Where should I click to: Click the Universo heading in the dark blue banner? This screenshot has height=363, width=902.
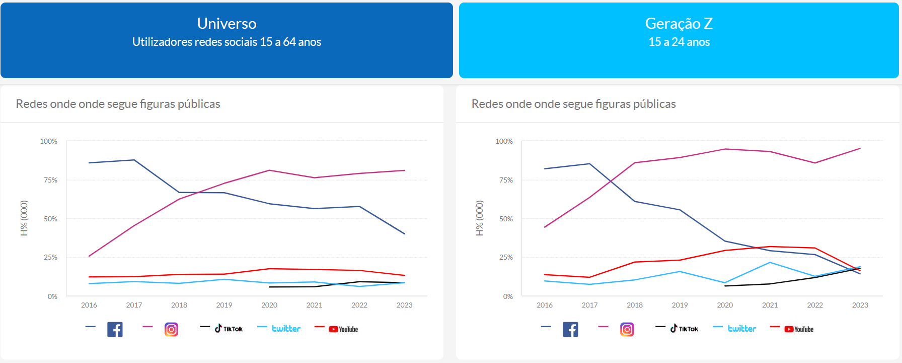coord(227,24)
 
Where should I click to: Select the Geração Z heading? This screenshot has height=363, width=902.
coord(679,24)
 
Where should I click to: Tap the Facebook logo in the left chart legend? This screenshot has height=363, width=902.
coord(115,329)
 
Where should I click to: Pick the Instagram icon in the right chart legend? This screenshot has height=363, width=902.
coord(627,329)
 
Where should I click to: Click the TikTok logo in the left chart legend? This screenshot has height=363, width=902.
coord(229,329)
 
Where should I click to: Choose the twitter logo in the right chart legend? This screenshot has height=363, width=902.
coord(741,329)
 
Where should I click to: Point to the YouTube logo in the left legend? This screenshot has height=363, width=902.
coord(343,329)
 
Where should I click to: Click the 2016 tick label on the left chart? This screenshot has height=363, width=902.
coord(89,305)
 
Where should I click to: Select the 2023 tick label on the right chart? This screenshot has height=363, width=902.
coord(860,305)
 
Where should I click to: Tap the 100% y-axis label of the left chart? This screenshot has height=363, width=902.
coord(49,141)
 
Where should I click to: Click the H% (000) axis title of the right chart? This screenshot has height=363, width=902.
coord(480,218)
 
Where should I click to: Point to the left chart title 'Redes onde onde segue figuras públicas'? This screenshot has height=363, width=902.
coord(118,104)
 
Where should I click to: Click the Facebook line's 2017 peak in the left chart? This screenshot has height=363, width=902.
coord(134,160)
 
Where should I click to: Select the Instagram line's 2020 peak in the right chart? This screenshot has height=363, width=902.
coord(725,149)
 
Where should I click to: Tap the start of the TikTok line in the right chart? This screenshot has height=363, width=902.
coord(725,286)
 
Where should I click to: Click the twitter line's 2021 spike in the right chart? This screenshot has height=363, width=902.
coord(770,262)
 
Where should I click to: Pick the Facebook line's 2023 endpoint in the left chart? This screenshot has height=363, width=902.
coord(404,233)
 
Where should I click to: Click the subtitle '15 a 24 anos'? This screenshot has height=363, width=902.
coord(679,42)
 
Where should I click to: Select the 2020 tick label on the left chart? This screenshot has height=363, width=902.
coord(269,305)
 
